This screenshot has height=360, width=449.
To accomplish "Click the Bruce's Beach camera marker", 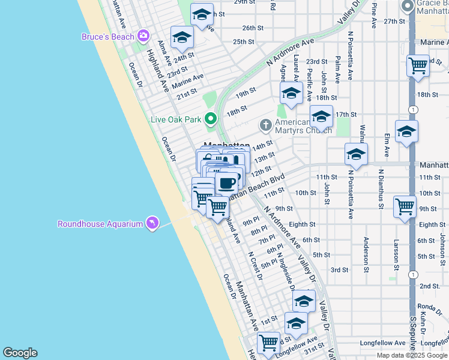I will point(143,36).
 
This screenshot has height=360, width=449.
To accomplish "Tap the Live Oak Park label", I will point(176,119).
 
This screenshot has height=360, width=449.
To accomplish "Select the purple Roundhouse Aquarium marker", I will point(152,224).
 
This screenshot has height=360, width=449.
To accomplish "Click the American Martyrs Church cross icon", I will point(266,125).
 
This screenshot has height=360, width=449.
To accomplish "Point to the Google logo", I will point(20,353).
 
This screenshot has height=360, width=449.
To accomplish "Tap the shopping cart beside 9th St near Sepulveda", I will point(405,206).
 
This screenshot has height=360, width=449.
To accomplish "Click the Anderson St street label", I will point(366,254).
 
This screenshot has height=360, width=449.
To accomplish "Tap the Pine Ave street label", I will point(374,14).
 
